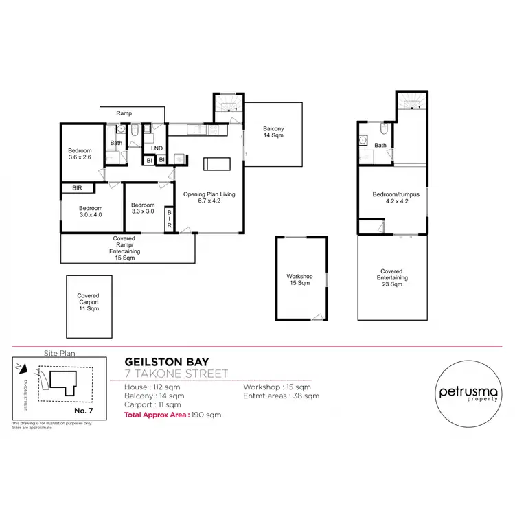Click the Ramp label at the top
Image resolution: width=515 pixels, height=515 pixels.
(124, 113)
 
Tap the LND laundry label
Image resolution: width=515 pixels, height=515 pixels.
(157, 148)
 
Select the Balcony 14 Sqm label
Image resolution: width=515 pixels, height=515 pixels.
(273, 133)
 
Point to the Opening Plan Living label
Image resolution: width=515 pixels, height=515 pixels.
(209, 198)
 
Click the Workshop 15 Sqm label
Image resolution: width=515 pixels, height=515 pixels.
(299, 279)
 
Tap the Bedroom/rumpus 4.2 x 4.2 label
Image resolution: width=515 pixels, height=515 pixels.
(391, 198)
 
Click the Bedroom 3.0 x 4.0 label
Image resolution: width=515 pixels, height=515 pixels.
(90, 211)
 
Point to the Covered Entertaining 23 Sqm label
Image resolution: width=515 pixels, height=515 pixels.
(391, 278)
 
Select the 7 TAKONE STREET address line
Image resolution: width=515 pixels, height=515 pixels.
(176, 374)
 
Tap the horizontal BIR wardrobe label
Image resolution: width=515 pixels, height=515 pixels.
(68, 187)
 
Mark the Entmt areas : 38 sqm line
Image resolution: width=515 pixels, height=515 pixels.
(281, 396)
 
